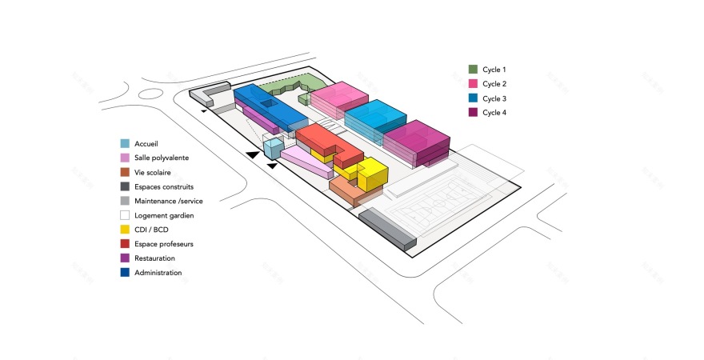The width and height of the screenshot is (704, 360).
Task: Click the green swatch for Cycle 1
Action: point(473,70)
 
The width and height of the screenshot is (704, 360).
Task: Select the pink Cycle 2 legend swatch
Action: point(473,84)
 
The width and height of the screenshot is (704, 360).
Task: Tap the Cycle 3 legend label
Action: point(494,98)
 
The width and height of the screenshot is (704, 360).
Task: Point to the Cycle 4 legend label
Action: point(494,113)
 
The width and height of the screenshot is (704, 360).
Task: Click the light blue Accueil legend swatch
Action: point(125,143)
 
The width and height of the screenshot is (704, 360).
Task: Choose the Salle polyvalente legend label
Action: point(162,158)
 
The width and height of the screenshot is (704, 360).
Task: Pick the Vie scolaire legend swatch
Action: point(125,172)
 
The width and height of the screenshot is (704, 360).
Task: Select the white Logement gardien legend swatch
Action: point(125,215)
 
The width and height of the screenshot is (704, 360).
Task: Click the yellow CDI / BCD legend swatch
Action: point(125,230)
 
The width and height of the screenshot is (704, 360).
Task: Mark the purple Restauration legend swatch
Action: point(125,258)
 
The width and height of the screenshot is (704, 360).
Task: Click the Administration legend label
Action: point(158,273)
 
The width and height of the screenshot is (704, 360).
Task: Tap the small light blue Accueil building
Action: point(273,149)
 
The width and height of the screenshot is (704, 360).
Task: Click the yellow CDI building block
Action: point(372,174)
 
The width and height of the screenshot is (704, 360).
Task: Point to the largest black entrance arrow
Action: point(253,154)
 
